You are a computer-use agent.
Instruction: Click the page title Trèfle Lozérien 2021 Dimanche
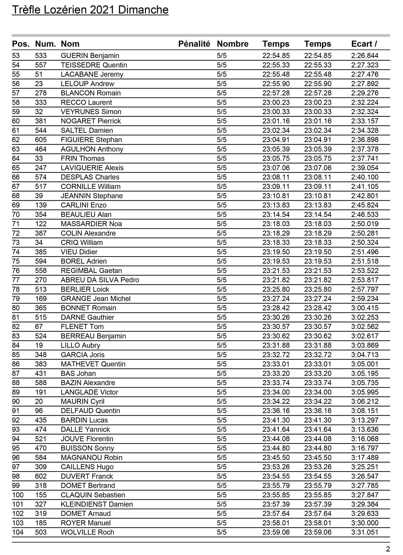click(90, 10)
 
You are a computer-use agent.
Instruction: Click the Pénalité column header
click(194, 44)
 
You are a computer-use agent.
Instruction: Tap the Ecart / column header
click(364, 44)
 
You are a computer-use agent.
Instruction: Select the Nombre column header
click(232, 44)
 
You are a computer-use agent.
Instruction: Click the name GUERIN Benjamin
click(90, 56)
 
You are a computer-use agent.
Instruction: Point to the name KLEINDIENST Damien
click(97, 504)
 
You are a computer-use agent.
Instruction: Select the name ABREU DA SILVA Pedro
click(100, 280)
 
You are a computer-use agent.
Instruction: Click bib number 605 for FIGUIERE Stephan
click(41, 140)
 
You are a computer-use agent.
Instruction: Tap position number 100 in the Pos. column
click(18, 495)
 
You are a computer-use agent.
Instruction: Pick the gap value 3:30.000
click(365, 523)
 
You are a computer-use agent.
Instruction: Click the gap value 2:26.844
click(365, 56)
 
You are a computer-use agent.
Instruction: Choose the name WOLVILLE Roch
click(87, 532)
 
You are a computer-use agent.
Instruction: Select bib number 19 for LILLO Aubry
click(39, 345)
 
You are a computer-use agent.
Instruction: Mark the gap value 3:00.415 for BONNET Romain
click(365, 308)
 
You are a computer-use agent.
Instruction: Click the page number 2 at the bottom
click(388, 549)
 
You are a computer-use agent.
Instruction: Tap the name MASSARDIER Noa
click(91, 224)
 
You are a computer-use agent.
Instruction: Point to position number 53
click(16, 56)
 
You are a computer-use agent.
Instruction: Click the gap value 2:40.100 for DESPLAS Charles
click(365, 177)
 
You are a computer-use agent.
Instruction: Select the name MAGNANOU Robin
click(91, 457)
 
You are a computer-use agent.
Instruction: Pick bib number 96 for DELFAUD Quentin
click(39, 411)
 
